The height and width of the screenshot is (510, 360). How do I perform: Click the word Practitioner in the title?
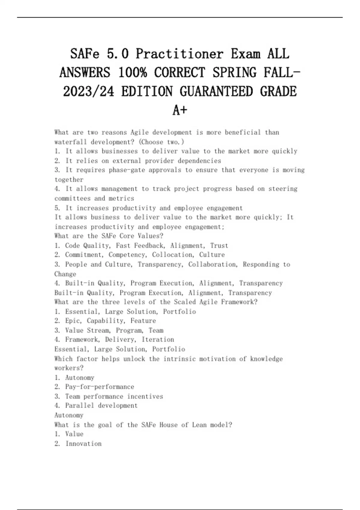point(179,54)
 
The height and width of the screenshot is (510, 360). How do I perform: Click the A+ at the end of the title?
point(180,110)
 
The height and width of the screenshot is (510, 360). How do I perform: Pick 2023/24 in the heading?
point(88,91)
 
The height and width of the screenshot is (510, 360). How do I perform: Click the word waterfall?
point(71,142)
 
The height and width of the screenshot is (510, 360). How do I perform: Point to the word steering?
point(283,189)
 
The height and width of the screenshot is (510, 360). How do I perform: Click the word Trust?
point(219,246)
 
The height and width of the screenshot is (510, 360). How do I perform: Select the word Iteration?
point(158,340)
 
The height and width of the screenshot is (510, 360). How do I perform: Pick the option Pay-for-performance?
point(100,387)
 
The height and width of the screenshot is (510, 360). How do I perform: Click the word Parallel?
point(79,406)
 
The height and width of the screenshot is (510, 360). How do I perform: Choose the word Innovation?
point(83,444)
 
